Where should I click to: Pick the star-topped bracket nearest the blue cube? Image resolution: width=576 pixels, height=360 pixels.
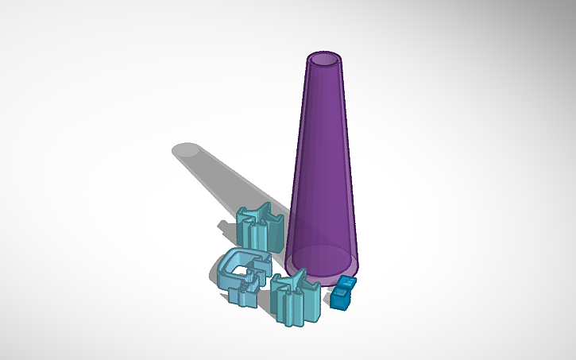(296, 301)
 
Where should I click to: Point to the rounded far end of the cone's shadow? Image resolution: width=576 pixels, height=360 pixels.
(187, 150)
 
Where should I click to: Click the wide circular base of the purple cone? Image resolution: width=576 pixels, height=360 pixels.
(322, 262)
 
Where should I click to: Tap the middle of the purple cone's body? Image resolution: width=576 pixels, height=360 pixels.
(323, 159)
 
